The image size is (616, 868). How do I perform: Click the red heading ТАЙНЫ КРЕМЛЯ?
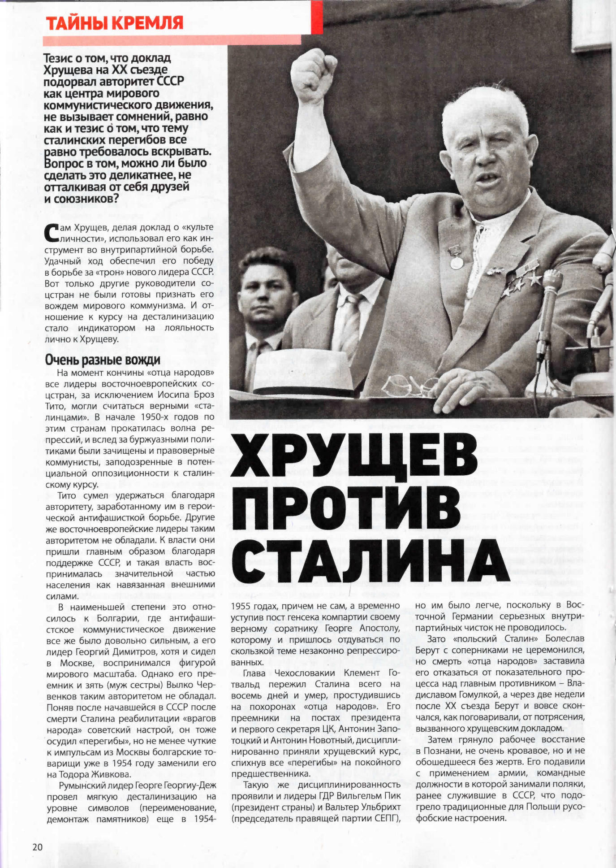pos(114,22)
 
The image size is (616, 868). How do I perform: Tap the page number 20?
pos(37,847)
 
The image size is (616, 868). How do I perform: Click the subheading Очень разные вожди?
pos(103,360)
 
